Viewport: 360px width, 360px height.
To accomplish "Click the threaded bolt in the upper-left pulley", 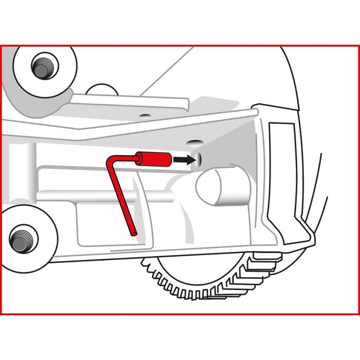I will pyautogui.click(x=43, y=65).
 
